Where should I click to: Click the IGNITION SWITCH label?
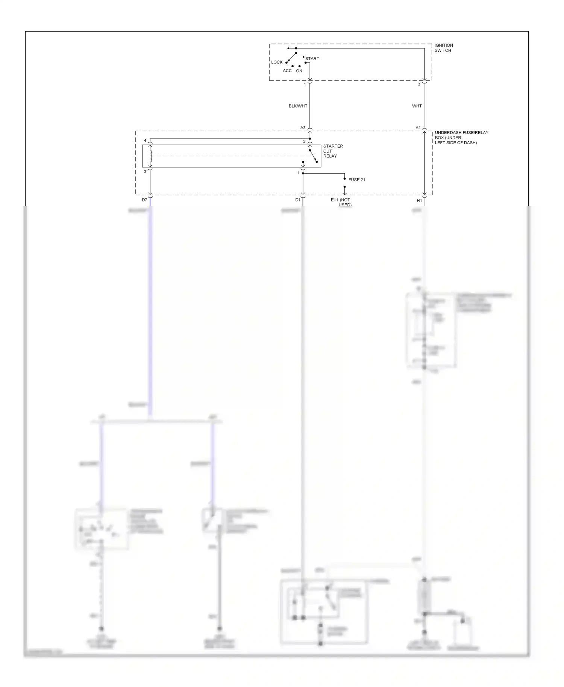pos(443,48)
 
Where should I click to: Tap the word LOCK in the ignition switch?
pos(277,62)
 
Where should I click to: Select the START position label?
pos(312,59)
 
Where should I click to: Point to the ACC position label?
pos(287,71)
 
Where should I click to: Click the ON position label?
pos(299,71)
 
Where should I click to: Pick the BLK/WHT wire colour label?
pos(298,106)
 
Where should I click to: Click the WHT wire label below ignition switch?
pos(417,106)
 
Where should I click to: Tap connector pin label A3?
pos(303,128)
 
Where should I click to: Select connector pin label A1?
pos(418,128)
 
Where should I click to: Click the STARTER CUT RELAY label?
pos(333,151)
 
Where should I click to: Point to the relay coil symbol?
pos(150,156)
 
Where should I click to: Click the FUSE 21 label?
pos(356,180)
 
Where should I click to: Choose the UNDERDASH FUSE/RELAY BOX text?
pos(461,138)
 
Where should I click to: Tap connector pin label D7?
pos(144,200)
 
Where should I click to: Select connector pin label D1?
pos(298,200)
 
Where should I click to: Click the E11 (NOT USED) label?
pos(341,202)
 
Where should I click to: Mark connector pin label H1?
pos(419,201)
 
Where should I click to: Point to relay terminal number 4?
pos(145,141)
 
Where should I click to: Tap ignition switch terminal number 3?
pos(419,84)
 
